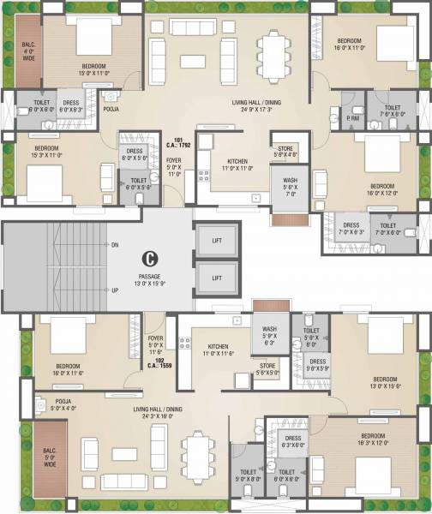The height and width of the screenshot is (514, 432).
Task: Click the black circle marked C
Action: pos(149,256)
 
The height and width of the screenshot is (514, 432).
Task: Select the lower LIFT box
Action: pos(216,278)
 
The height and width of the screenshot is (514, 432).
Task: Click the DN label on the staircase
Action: pos(114,245)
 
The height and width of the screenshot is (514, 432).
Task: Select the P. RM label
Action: pos(352,120)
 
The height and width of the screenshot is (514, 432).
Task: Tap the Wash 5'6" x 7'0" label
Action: pos(284,186)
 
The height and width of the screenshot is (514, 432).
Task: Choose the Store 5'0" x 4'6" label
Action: pos(285,152)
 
